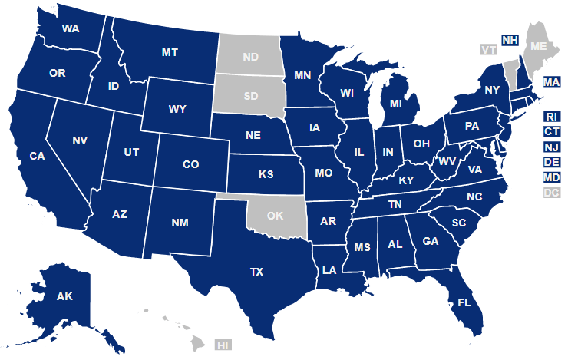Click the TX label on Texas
tap(256, 272)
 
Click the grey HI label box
tap(224, 345)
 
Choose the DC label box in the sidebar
tap(551, 193)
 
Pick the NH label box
tap(509, 40)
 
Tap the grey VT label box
tap(488, 50)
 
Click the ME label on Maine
tap(540, 46)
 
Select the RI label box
tap(551, 116)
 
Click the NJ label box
tap(551, 147)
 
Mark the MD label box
tap(551, 177)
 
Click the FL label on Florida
tap(465, 302)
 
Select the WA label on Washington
tap(71, 29)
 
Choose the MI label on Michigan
tap(396, 103)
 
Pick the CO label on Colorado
tap(191, 164)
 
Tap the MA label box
tap(551, 81)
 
